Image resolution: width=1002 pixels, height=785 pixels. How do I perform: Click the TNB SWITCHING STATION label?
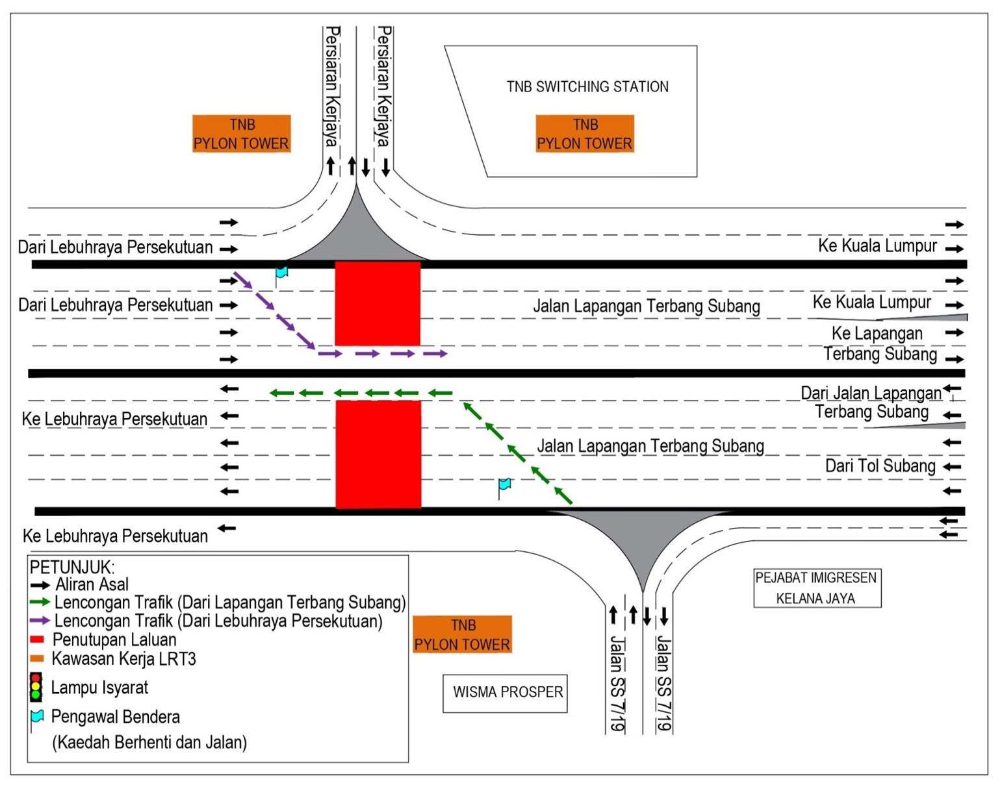pos(587,87)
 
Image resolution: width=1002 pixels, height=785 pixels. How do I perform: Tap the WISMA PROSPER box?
pos(505,693)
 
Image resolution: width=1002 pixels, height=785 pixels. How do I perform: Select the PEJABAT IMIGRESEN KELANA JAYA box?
pos(816,588)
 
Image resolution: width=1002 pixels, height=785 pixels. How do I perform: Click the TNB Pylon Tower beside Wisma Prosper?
pos(462,634)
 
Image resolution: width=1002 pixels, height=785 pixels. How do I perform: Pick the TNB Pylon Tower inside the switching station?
pos(584,134)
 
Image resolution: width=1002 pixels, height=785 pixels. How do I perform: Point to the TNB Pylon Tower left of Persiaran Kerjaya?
pos(241,134)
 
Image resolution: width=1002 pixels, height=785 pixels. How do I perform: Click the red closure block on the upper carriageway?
pos(378,303)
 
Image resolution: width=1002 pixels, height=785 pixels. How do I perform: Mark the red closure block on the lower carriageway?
pos(378,454)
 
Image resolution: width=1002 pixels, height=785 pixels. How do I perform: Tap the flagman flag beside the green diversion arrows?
pos(504,484)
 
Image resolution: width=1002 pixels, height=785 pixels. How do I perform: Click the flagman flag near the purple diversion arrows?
pos(281,272)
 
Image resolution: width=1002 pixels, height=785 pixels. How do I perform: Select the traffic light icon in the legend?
pos(36,688)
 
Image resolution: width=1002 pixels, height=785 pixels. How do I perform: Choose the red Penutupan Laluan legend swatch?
pos(37,640)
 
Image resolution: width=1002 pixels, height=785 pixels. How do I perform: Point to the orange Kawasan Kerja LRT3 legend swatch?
pos(37,658)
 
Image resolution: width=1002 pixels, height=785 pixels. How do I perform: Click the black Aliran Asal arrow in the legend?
pos(40,585)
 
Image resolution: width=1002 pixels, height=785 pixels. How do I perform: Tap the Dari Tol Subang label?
pos(880,466)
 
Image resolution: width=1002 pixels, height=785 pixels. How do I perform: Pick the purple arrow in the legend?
pos(40,621)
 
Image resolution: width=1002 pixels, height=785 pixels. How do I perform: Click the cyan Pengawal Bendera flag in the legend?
pos(37,717)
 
